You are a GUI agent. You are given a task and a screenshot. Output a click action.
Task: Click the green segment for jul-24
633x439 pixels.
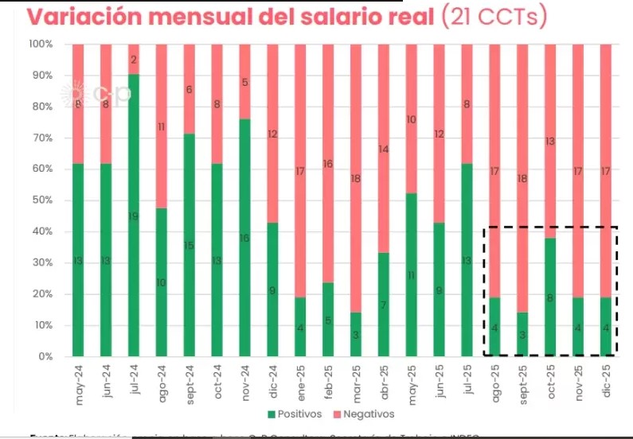coord(134,215)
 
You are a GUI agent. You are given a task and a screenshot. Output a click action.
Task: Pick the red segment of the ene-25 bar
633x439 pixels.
coord(300,170)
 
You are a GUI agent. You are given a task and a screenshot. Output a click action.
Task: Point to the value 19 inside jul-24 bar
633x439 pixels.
coord(134,216)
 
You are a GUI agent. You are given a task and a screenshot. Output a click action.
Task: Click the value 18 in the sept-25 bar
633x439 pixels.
coord(522,178)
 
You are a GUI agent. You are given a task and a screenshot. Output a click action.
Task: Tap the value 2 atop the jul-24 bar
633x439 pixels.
coord(134,60)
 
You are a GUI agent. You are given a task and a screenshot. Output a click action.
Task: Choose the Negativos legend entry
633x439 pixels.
coord(365,414)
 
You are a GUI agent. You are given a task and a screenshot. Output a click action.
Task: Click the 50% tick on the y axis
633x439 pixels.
coord(41,200)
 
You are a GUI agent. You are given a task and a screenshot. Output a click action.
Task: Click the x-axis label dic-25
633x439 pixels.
coord(607,382)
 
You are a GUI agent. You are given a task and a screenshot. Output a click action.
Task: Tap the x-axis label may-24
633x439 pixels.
coord(79,383)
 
